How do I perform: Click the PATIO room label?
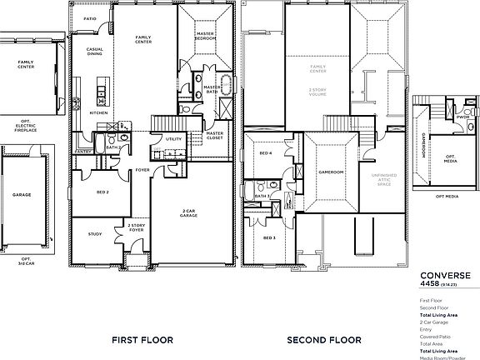(90, 17)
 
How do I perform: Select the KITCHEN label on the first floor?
(98, 112)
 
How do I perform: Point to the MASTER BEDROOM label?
(206, 37)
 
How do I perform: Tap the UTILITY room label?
(173, 138)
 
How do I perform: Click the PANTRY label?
(82, 152)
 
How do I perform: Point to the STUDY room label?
(95, 234)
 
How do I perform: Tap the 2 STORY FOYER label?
(136, 227)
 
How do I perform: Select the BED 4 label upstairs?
(264, 153)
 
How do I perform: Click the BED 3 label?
(268, 237)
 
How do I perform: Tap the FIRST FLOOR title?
(147, 339)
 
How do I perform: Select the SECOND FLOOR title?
(324, 339)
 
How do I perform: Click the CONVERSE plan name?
(444, 275)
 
